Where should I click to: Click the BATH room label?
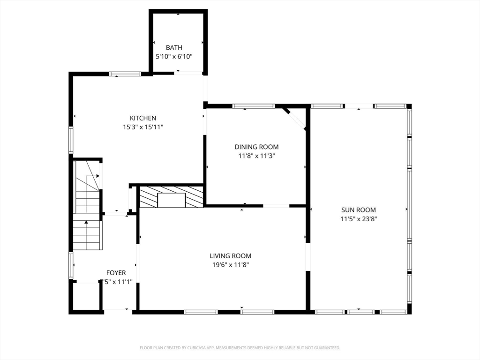[174, 47]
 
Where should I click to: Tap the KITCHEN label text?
[143, 118]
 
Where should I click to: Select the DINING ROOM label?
[256, 147]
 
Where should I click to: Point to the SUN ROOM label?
[359, 210]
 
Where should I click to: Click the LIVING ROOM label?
[230, 256]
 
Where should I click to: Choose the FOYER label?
[116, 273]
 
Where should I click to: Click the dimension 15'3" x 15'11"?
[143, 127]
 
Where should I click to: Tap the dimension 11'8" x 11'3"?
[256, 156]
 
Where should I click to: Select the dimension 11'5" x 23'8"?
[359, 219]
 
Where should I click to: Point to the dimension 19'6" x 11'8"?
[230, 265]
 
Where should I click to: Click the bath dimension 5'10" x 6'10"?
[174, 56]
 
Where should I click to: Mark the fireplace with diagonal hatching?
[172, 197]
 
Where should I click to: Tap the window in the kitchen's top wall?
[125, 74]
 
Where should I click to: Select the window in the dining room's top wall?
[254, 106]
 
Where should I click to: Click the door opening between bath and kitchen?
[189, 73]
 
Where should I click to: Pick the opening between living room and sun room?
[308, 256]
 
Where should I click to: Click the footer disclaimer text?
[240, 348]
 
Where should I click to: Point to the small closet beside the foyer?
[86, 296]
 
